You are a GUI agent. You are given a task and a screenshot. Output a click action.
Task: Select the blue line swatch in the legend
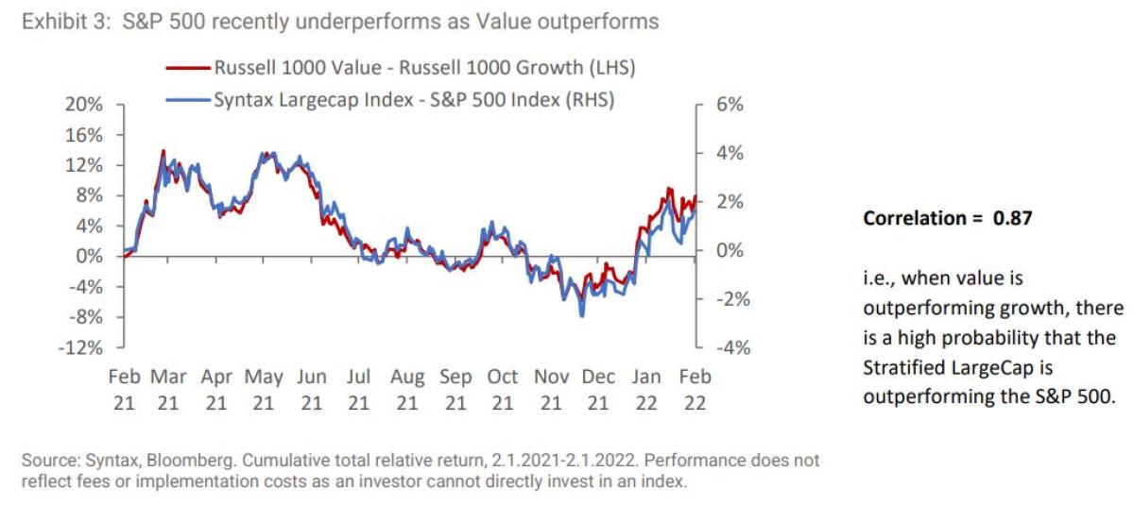click(x=185, y=99)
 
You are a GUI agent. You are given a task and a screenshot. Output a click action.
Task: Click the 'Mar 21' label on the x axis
click(x=168, y=389)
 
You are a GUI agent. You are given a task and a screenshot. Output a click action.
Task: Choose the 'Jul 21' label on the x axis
click(x=358, y=389)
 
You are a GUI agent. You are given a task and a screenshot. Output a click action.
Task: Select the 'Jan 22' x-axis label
click(x=647, y=389)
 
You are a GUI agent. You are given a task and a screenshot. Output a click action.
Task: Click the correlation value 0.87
click(x=1011, y=217)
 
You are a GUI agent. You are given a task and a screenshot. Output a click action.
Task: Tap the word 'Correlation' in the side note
click(x=911, y=217)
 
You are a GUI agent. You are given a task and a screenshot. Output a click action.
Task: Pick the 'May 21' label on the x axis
click(x=264, y=389)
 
